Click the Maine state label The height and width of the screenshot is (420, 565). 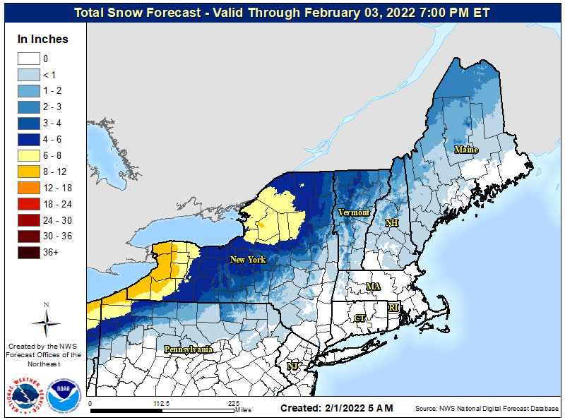465,150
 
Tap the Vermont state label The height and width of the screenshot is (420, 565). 354,212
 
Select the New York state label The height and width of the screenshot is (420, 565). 248,260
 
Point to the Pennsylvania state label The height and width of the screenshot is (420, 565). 188,349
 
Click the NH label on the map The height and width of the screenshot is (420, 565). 391,223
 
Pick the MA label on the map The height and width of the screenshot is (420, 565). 372,287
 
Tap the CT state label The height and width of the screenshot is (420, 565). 359,318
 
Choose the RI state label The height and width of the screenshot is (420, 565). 393,307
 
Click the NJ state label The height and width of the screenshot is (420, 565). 292,366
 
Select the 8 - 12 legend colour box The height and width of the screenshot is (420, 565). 28,171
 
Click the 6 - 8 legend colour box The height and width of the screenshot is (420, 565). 28,155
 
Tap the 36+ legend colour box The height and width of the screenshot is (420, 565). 28,252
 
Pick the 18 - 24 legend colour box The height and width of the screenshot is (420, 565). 28,203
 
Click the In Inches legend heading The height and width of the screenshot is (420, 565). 43,39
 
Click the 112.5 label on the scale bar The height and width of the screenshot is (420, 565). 162,403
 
